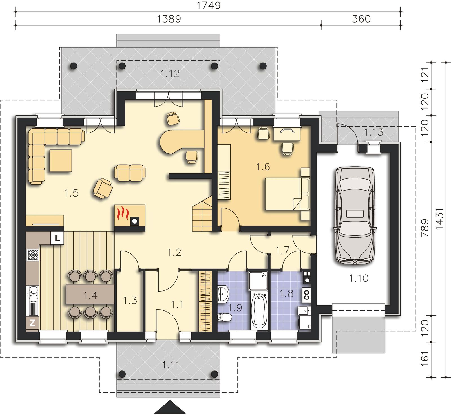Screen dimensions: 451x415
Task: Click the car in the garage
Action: [355, 216]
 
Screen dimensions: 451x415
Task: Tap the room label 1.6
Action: [263, 167]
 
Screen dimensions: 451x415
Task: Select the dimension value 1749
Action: [208, 5]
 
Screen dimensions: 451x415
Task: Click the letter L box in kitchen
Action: [58, 238]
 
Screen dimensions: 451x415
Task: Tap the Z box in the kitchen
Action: [32, 322]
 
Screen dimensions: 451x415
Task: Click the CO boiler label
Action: [307, 295]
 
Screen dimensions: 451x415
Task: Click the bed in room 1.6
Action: [287, 194]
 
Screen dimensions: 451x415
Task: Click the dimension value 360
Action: [361, 19]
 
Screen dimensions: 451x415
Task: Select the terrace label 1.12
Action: [170, 74]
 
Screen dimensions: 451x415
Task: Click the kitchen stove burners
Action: [32, 255]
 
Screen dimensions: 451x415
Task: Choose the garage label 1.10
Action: [359, 278]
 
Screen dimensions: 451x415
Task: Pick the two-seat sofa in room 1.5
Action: [130, 173]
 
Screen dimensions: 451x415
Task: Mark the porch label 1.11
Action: [171, 365]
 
